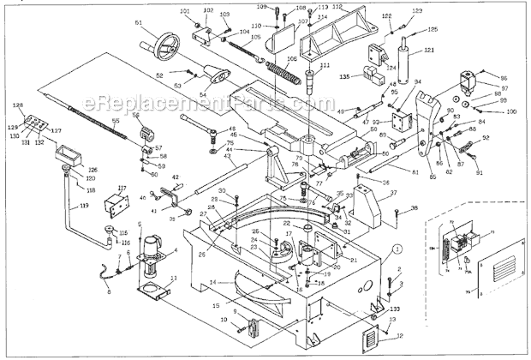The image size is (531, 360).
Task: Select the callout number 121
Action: [x=429, y=51]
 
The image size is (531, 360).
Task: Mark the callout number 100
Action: [x=511, y=111]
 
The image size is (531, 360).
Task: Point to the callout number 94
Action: [x=418, y=81]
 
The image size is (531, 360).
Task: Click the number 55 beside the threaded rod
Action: [x=115, y=123]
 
